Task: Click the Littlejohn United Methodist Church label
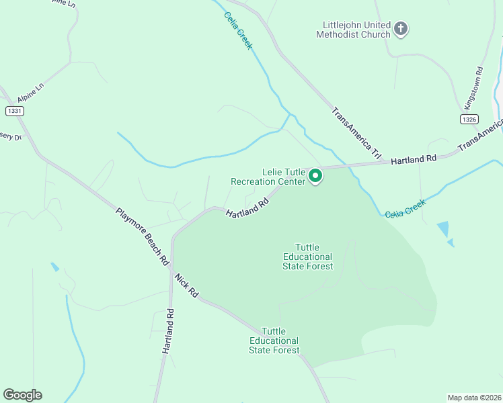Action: (356, 30)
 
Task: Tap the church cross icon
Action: (401, 28)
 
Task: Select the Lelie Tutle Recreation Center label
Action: (267, 177)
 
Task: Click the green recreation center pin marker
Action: (315, 177)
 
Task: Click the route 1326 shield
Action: (469, 119)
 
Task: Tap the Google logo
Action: (22, 395)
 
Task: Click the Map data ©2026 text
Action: (474, 397)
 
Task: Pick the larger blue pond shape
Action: (443, 229)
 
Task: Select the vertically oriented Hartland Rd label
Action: (169, 331)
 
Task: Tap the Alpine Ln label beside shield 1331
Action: (30, 93)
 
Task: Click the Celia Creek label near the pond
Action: (405, 208)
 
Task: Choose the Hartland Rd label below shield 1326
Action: (414, 159)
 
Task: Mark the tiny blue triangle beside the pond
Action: (451, 242)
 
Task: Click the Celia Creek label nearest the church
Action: (238, 30)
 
